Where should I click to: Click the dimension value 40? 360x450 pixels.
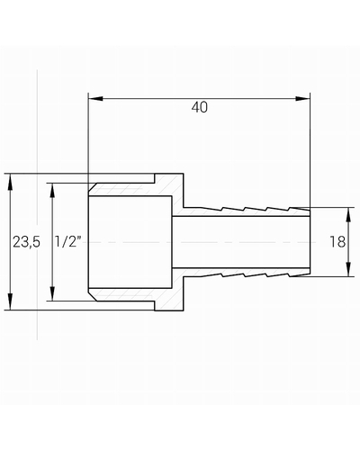point(200,107)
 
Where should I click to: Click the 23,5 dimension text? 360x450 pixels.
point(26,242)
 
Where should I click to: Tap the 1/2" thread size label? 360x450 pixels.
point(68,241)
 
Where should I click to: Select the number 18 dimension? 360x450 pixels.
point(337,242)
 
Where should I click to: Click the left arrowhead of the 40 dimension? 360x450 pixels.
point(95,99)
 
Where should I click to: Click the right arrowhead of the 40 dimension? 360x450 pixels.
point(302,99)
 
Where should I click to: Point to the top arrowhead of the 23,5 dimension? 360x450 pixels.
point(10,182)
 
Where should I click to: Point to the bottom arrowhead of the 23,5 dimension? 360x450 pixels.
point(10,301)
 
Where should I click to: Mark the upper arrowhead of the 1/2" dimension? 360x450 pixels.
point(52,191)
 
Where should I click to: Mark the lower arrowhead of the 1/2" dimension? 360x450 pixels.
point(52,293)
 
